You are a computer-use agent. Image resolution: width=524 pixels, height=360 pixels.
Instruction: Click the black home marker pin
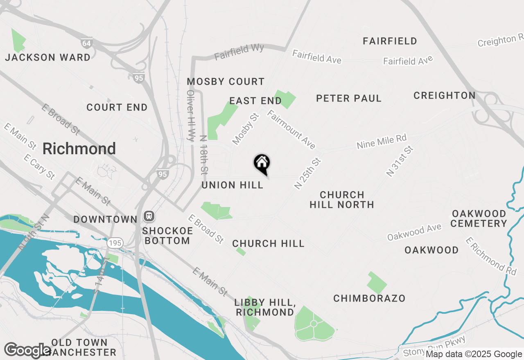[x=262, y=163]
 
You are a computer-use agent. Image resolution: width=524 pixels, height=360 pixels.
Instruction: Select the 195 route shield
[x=115, y=243]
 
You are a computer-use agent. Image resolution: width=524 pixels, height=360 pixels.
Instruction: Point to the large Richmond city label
[x=79, y=148]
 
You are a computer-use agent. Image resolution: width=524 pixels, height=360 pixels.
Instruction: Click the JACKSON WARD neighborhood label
[x=47, y=57]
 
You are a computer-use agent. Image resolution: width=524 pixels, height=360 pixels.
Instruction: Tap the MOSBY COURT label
[x=226, y=82]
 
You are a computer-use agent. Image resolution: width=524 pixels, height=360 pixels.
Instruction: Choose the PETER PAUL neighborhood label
[x=349, y=99]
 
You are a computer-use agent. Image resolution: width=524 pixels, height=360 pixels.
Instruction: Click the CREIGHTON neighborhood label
[x=444, y=96]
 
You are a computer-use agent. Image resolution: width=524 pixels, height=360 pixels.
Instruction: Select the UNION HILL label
[x=232, y=185]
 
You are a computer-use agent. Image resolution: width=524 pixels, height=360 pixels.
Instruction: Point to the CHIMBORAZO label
[x=369, y=299]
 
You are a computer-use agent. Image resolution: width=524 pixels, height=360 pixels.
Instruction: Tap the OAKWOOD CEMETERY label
[x=479, y=218]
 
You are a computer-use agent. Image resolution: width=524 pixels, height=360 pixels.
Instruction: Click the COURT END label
[x=117, y=108]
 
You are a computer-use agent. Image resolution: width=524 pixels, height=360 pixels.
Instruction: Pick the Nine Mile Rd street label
[x=381, y=142]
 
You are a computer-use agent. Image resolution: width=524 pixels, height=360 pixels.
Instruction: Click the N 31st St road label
[x=400, y=160]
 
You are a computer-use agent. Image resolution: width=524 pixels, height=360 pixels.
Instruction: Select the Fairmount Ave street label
[x=291, y=129]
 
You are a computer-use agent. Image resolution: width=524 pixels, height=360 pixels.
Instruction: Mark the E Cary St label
[x=39, y=166]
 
